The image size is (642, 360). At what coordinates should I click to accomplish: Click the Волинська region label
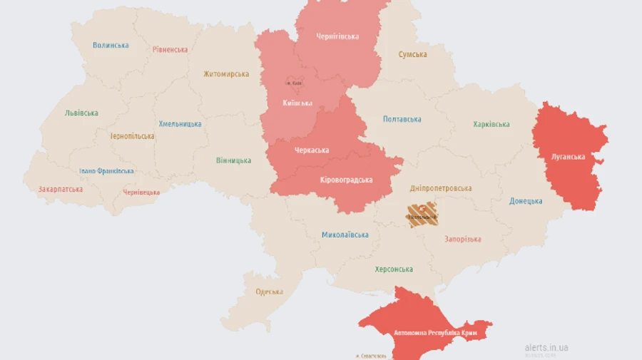pyautogui.click(x=111, y=45)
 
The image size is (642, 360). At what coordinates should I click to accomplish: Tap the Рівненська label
pyautogui.click(x=170, y=50)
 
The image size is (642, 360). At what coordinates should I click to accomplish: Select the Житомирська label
pyautogui.click(x=226, y=74)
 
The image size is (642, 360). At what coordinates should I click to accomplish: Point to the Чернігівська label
pyautogui.click(x=337, y=36)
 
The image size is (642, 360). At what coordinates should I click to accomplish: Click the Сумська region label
pyautogui.click(x=412, y=55)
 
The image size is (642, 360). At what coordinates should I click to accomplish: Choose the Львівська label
pyautogui.click(x=81, y=113)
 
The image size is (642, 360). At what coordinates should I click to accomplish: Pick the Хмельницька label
pyautogui.click(x=180, y=124)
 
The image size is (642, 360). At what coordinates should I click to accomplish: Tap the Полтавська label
pyautogui.click(x=402, y=120)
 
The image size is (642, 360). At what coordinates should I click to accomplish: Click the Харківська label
pyautogui.click(x=491, y=125)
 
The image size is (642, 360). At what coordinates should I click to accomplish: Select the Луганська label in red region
pyautogui.click(x=568, y=157)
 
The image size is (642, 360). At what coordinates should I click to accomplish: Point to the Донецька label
pyautogui.click(x=526, y=201)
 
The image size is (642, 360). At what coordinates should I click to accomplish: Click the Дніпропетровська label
pyautogui.click(x=441, y=189)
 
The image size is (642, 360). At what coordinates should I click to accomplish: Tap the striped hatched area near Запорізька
pyautogui.click(x=422, y=215)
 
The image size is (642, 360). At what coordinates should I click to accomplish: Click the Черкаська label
pyautogui.click(x=312, y=150)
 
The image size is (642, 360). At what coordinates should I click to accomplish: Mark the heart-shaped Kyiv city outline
pyautogui.click(x=294, y=83)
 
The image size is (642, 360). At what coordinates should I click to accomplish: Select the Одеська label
pyautogui.click(x=269, y=292)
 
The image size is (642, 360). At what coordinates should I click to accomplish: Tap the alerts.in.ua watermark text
pyautogui.click(x=546, y=347)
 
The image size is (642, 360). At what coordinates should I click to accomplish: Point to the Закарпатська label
pyautogui.click(x=61, y=190)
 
